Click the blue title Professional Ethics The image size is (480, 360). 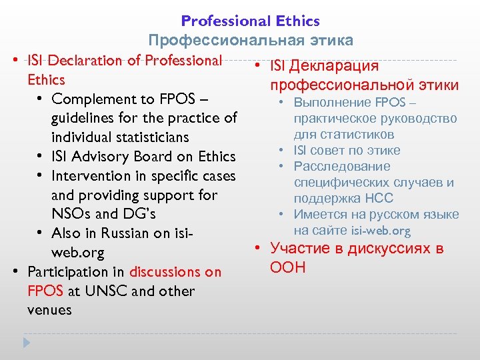[250, 21]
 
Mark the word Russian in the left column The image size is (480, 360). [125, 234]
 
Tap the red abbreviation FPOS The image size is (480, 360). [45, 291]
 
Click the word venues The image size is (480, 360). [49, 311]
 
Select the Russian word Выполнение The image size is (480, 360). [332, 103]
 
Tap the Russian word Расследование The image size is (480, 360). [342, 167]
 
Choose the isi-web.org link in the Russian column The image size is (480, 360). [381, 231]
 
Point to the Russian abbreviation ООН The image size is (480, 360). [288, 268]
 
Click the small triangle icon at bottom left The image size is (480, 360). [27, 343]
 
